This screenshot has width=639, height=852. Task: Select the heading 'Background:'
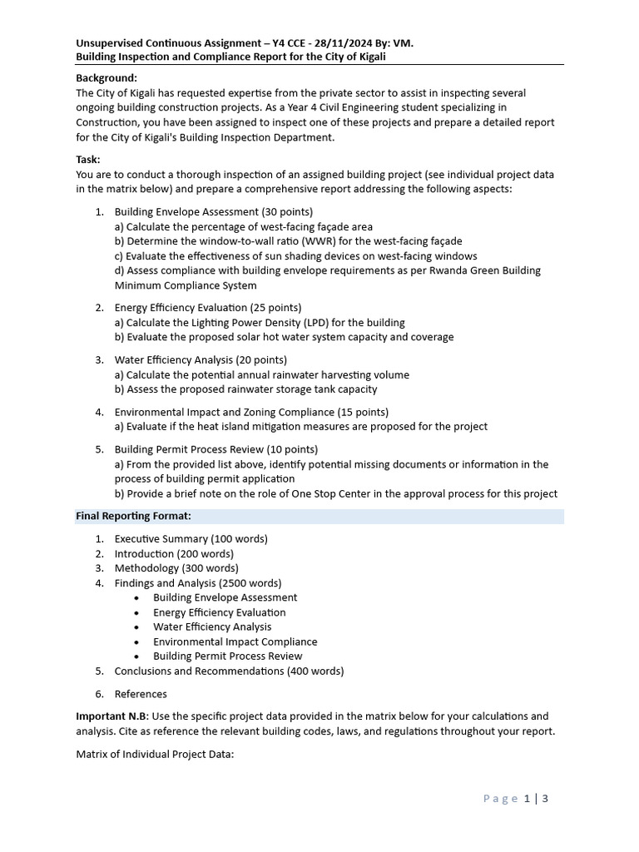click(x=106, y=77)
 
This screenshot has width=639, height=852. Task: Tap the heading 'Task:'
click(x=88, y=159)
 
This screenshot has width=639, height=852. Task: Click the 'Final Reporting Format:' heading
click(x=133, y=516)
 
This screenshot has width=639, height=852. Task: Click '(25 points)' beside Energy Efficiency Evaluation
click(x=273, y=308)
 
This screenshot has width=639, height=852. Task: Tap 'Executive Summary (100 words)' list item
click(x=191, y=538)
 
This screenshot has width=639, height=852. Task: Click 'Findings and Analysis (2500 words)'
click(x=198, y=582)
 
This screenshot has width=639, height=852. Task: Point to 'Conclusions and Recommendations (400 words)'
click(x=229, y=671)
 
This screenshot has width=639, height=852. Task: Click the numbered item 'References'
click(x=141, y=694)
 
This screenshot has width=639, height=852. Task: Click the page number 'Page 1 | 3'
click(x=516, y=799)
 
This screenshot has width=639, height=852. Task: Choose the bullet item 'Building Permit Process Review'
click(x=227, y=656)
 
